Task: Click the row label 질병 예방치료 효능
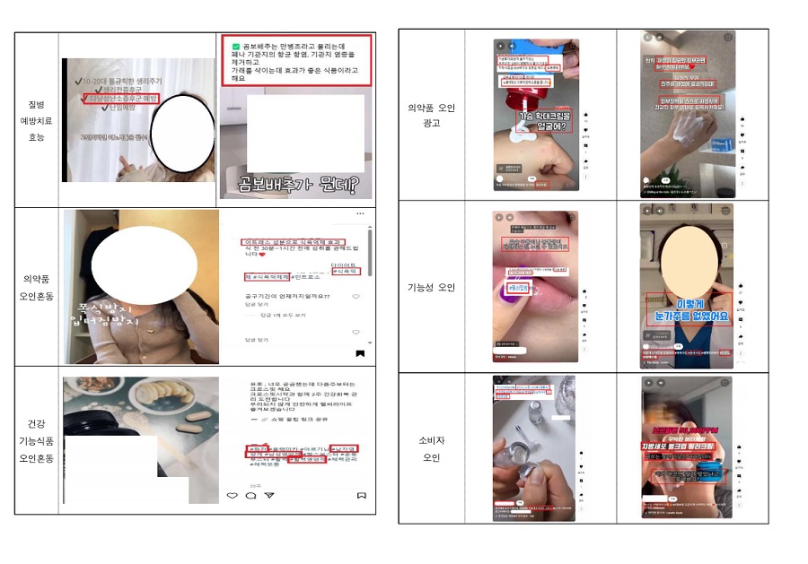coord(36,120)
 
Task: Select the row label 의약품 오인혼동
coord(36,286)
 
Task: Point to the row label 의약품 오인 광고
coord(432,115)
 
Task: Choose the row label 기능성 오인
coord(432,287)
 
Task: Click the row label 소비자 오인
coord(432,449)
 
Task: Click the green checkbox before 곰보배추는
coord(235,46)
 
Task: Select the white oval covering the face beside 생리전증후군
coord(182,134)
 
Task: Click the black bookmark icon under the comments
coord(359,353)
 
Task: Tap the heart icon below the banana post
coord(232,495)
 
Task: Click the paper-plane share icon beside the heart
coord(269,495)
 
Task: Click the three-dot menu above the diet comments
coord(360,213)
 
